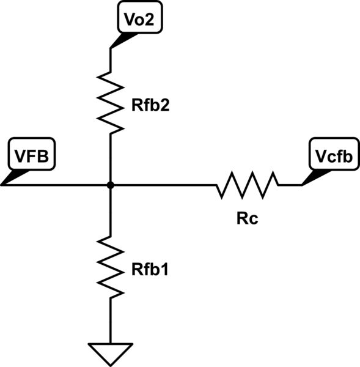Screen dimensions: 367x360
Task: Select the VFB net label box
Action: pos(31,155)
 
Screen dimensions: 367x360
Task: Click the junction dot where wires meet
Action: pos(111,184)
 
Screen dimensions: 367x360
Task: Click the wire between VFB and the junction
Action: pos(55,184)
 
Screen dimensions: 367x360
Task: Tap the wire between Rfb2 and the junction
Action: pos(111,158)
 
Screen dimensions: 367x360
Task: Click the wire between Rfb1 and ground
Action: pos(111,321)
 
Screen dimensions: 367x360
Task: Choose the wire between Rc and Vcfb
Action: pos(290,184)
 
